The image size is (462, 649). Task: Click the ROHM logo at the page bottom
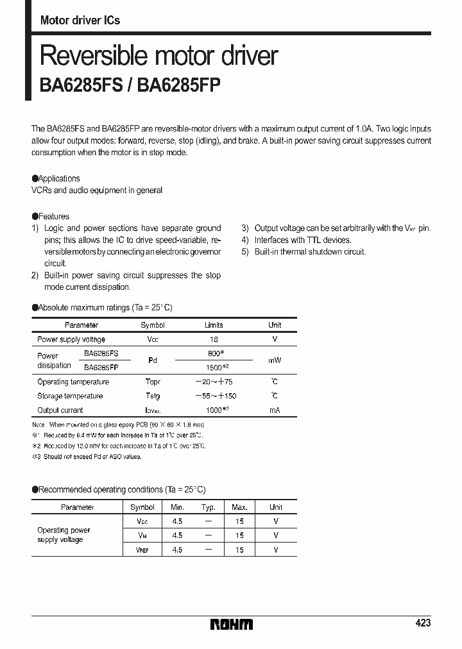[x=231, y=624]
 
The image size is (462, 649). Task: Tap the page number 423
[x=423, y=623]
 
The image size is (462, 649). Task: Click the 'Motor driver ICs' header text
[x=80, y=21]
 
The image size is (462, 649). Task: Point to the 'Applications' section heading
[x=59, y=178]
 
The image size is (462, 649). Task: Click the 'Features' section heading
[x=53, y=216]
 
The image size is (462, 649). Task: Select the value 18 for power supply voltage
[x=214, y=339]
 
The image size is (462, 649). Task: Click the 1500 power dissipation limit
[x=214, y=367]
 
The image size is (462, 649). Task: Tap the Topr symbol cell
[x=152, y=382]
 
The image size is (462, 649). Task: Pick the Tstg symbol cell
[x=152, y=396]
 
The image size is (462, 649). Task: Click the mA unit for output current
[x=275, y=410]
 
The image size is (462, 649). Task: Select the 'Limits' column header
[x=214, y=325]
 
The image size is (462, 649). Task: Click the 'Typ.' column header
[x=208, y=507]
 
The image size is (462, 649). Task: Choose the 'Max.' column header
[x=239, y=507]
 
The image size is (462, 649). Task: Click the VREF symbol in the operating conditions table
[x=142, y=549]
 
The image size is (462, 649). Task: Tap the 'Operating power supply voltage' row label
[x=64, y=535]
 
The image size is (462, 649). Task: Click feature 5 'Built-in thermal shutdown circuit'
[x=310, y=252]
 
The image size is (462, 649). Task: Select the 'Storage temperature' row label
[x=70, y=396]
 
